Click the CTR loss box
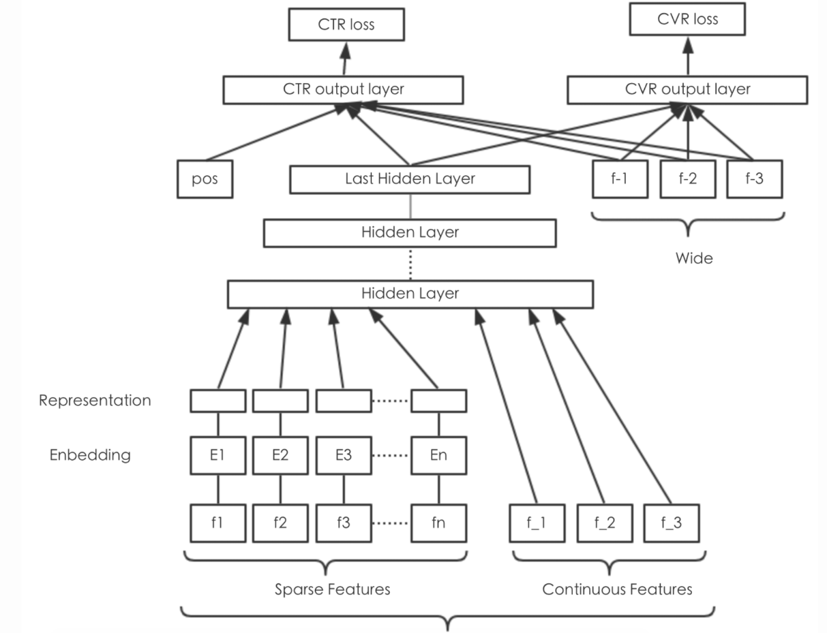(346, 25)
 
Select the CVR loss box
(687, 19)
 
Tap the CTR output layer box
(344, 90)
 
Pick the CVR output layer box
(687, 90)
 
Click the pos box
(205, 179)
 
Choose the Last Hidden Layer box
(410, 179)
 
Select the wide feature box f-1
(620, 179)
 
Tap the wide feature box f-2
(688, 179)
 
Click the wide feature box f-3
(754, 179)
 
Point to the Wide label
(694, 258)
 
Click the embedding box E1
(218, 455)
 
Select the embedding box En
(439, 455)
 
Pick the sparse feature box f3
(344, 523)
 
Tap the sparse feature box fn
(439, 523)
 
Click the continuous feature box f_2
(605, 523)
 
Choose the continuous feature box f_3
(672, 523)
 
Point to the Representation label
(95, 401)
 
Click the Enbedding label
(90, 455)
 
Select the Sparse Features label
(333, 589)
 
